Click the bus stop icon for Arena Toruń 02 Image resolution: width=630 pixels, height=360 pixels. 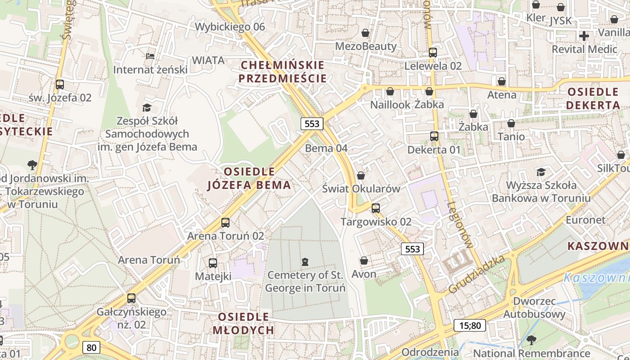(x=225, y=222)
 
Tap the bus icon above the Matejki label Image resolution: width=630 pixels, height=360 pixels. (x=213, y=263)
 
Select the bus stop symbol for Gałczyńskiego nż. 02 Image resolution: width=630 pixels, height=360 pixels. (x=131, y=298)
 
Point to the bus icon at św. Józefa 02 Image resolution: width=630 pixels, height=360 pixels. (x=59, y=84)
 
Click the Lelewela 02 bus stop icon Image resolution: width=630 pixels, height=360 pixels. (x=432, y=52)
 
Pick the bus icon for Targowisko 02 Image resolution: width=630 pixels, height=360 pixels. (x=375, y=208)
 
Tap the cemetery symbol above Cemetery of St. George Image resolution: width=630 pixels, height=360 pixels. (x=305, y=261)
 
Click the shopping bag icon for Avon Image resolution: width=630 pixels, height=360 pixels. (x=364, y=261)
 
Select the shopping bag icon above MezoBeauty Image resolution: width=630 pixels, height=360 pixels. (x=365, y=33)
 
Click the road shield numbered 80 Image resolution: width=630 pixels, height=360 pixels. (x=91, y=347)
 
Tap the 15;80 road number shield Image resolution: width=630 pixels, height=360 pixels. (x=470, y=325)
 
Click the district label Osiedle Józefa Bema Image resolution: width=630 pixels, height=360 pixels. (x=249, y=178)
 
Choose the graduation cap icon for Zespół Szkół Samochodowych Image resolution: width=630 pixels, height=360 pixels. (x=147, y=107)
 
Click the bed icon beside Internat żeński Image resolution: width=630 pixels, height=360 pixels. (x=150, y=56)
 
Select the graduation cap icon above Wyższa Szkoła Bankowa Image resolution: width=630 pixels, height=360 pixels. (x=541, y=172)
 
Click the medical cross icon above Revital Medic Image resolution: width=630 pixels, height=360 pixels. (x=584, y=36)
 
